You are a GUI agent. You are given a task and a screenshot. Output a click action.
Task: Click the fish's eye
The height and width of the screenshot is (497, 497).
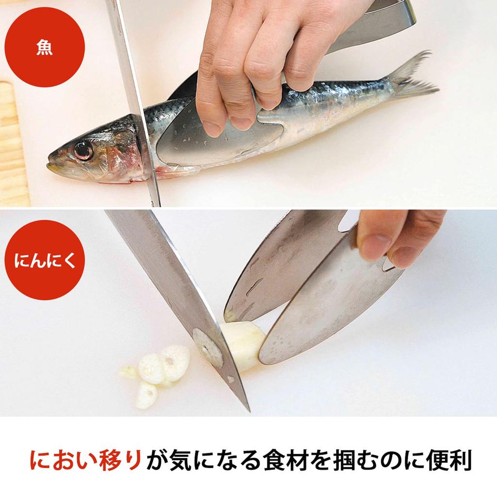pos(83,150)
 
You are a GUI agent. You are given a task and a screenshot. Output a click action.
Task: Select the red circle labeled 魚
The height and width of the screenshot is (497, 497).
pos(45,48)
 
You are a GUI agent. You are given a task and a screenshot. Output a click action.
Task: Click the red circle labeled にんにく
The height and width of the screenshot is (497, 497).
pos(45,260)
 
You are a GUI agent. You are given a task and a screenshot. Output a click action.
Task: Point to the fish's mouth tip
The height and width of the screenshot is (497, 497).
pos(49,166)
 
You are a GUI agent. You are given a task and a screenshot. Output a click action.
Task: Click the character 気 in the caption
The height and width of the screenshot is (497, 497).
pos(182,461)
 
